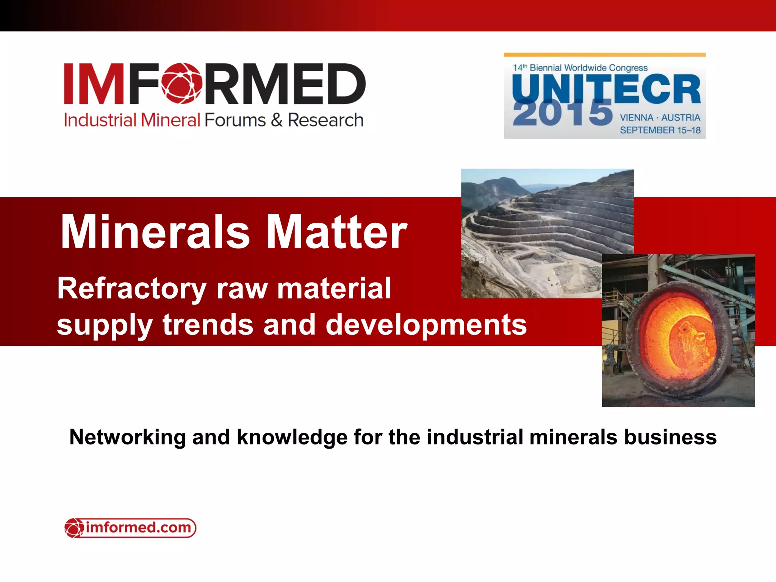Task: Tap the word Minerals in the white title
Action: (x=155, y=232)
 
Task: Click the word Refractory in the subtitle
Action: (x=131, y=289)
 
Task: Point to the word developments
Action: (x=426, y=325)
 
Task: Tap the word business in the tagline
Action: (x=670, y=437)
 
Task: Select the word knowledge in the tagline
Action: (x=292, y=437)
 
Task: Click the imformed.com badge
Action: (x=130, y=528)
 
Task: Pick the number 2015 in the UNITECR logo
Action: (x=562, y=113)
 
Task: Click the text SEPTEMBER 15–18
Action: (x=660, y=130)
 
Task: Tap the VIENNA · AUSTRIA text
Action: (x=660, y=118)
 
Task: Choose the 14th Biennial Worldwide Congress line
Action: (x=580, y=68)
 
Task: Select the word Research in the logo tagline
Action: (x=325, y=120)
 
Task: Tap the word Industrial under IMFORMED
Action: (x=100, y=120)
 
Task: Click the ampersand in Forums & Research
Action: (x=277, y=120)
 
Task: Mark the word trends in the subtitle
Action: (x=208, y=325)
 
